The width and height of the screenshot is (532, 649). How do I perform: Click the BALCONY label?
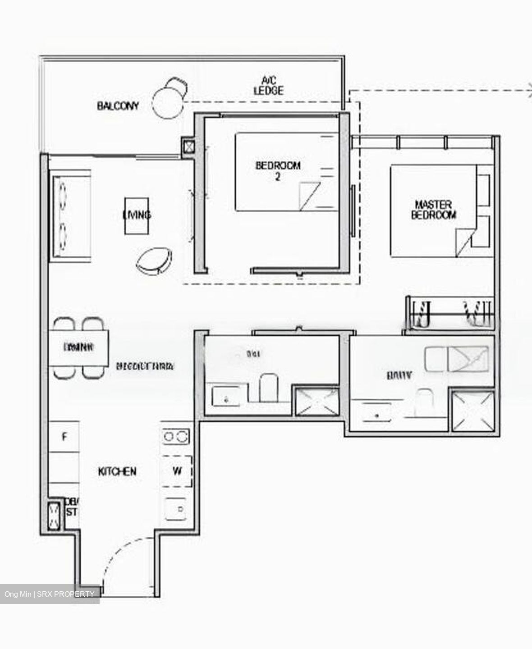coord(118,106)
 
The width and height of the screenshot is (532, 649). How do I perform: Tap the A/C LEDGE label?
coord(269,86)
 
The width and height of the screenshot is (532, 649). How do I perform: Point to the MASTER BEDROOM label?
coord(433,210)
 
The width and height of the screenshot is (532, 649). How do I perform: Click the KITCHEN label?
coord(117,471)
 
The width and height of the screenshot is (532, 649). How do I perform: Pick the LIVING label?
coord(137,215)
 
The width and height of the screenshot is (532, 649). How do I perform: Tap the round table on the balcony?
coord(168,103)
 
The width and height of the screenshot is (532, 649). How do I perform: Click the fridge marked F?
coord(64,436)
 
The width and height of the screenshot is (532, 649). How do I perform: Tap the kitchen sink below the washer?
coord(177,510)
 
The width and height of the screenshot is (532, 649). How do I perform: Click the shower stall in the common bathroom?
coord(315,400)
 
